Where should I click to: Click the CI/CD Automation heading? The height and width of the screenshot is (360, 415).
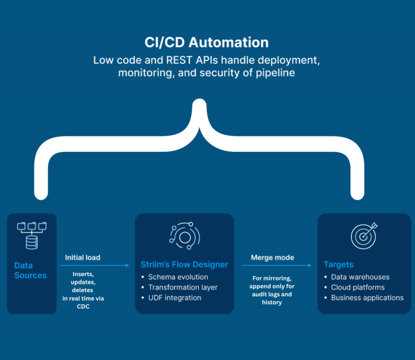pyautogui.click(x=206, y=42)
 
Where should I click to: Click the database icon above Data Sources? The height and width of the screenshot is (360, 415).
pyautogui.click(x=32, y=236)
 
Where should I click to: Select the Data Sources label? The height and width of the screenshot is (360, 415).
pyautogui.click(x=30, y=270)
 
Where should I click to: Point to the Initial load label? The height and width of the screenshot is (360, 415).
pyautogui.click(x=83, y=257)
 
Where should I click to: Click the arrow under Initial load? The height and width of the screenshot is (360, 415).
pyautogui.click(x=94, y=265)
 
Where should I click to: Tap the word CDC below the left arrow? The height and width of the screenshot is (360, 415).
pyautogui.click(x=83, y=306)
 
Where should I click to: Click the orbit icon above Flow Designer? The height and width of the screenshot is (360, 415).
pyautogui.click(x=185, y=236)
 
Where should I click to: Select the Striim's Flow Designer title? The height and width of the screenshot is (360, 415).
pyautogui.click(x=184, y=264)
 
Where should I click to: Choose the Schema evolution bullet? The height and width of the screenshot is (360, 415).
pyautogui.click(x=175, y=277)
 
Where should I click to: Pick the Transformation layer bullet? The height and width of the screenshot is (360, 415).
pyautogui.click(x=179, y=287)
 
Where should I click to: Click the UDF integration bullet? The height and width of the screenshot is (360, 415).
pyautogui.click(x=171, y=298)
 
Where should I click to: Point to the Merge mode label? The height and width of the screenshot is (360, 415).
pyautogui.click(x=272, y=257)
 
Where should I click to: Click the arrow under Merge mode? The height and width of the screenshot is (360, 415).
pyautogui.click(x=277, y=265)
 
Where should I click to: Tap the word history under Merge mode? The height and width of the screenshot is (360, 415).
pyautogui.click(x=272, y=302)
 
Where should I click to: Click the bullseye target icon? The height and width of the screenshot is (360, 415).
pyautogui.click(x=364, y=236)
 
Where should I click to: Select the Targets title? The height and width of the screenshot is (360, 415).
pyautogui.click(x=338, y=264)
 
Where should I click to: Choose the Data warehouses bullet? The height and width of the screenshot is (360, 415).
pyautogui.click(x=357, y=277)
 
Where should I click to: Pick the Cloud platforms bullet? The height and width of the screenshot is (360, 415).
pyautogui.click(x=354, y=287)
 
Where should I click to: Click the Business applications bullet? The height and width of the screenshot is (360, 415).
pyautogui.click(x=364, y=298)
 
